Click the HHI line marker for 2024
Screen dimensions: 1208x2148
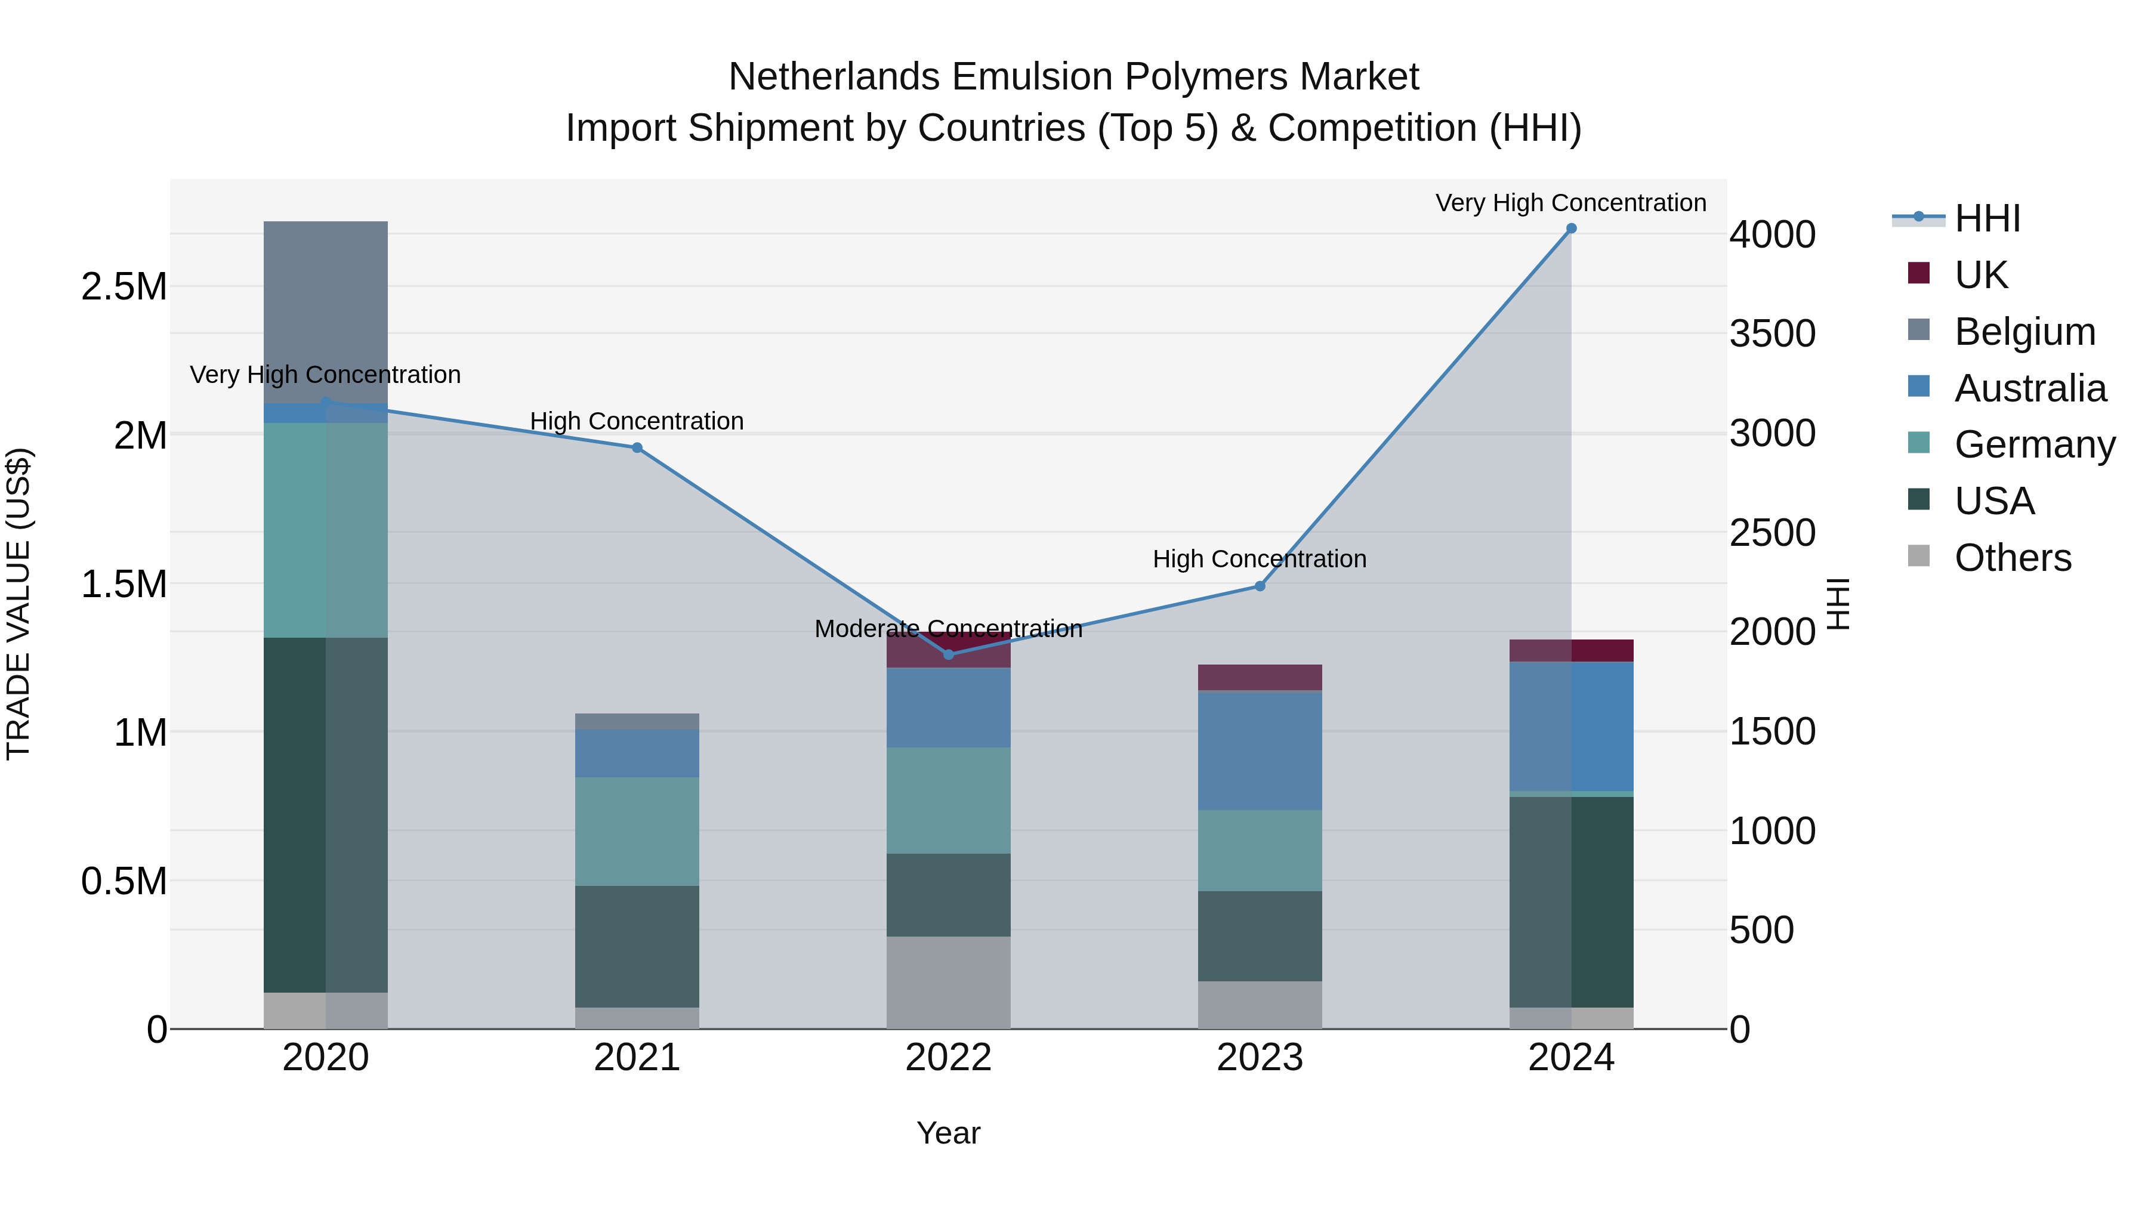point(1571,228)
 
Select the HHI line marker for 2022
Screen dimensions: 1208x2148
point(948,654)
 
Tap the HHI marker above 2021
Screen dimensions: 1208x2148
point(637,447)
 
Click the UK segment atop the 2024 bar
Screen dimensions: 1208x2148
point(1571,650)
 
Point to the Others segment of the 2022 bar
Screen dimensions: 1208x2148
point(948,982)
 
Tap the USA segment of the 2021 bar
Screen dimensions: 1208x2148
point(637,946)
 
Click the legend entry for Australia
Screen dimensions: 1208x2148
point(2030,388)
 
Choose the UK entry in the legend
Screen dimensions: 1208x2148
point(1981,275)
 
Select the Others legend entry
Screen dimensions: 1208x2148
point(2012,558)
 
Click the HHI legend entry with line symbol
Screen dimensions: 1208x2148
point(1986,218)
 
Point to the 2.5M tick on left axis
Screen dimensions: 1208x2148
point(124,287)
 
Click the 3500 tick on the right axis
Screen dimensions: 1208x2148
point(1773,333)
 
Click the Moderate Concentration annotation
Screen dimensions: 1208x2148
point(948,629)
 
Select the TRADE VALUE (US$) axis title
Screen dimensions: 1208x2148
point(18,604)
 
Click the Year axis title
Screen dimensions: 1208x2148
point(948,1133)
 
